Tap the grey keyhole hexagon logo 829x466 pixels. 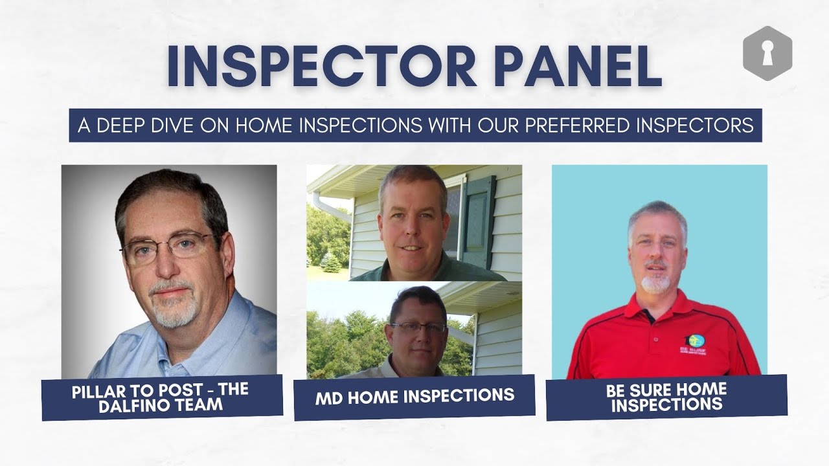[767, 53]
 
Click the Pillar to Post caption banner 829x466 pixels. [162, 397]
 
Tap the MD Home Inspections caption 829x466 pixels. [414, 396]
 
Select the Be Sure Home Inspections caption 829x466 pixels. [666, 397]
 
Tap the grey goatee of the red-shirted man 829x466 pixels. [656, 284]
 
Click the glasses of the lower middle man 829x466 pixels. [418, 327]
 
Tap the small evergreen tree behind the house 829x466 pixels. [330, 262]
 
